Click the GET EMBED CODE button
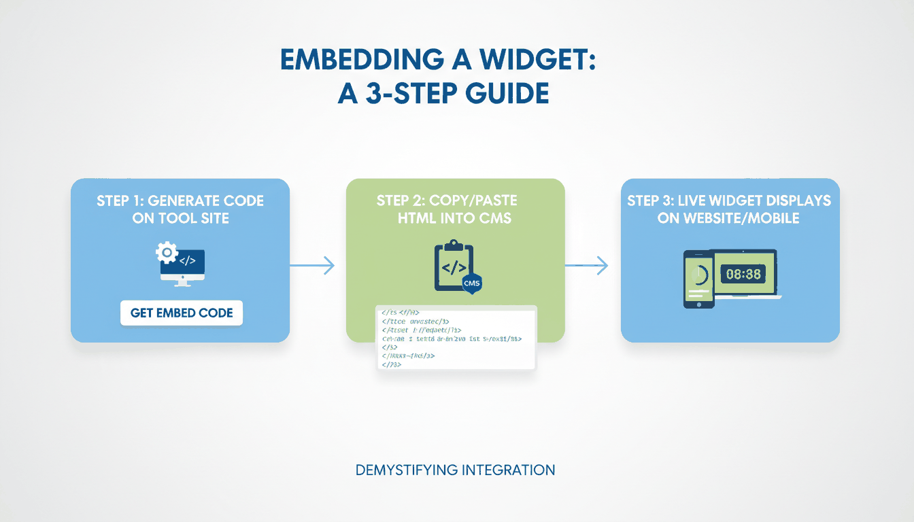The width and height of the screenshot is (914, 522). click(182, 313)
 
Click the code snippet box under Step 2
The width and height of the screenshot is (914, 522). click(456, 338)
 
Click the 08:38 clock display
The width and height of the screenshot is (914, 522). click(743, 275)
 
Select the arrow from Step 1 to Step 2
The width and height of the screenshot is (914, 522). click(313, 266)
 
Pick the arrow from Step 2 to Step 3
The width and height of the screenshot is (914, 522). click(586, 266)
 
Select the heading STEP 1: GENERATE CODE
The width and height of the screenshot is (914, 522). click(181, 201)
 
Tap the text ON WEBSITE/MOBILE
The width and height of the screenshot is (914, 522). click(729, 218)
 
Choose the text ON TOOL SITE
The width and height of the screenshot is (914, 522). click(181, 218)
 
